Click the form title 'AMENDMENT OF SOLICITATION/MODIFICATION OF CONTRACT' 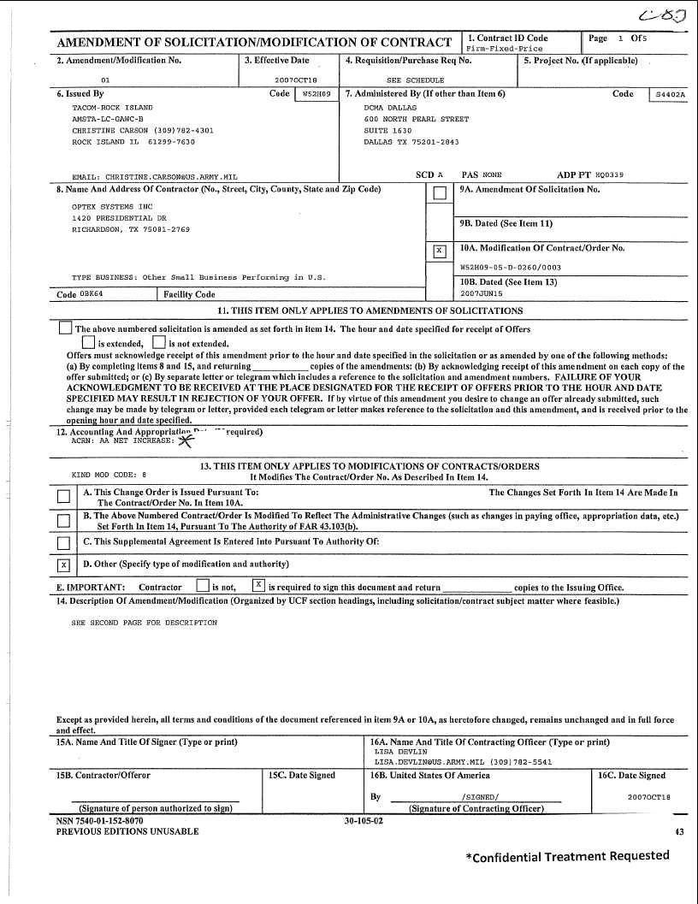[x=254, y=43]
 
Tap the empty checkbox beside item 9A [x=440, y=193]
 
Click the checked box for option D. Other [x=63, y=564]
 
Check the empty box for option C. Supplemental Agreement [x=63, y=542]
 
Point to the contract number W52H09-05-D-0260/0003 [x=511, y=267]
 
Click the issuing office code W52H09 [x=316, y=95]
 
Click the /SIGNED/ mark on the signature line [x=475, y=797]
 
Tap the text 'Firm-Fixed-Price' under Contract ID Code [x=505, y=49]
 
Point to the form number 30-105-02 [x=364, y=820]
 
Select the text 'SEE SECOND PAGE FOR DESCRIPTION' [x=145, y=623]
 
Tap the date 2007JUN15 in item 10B [x=482, y=293]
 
